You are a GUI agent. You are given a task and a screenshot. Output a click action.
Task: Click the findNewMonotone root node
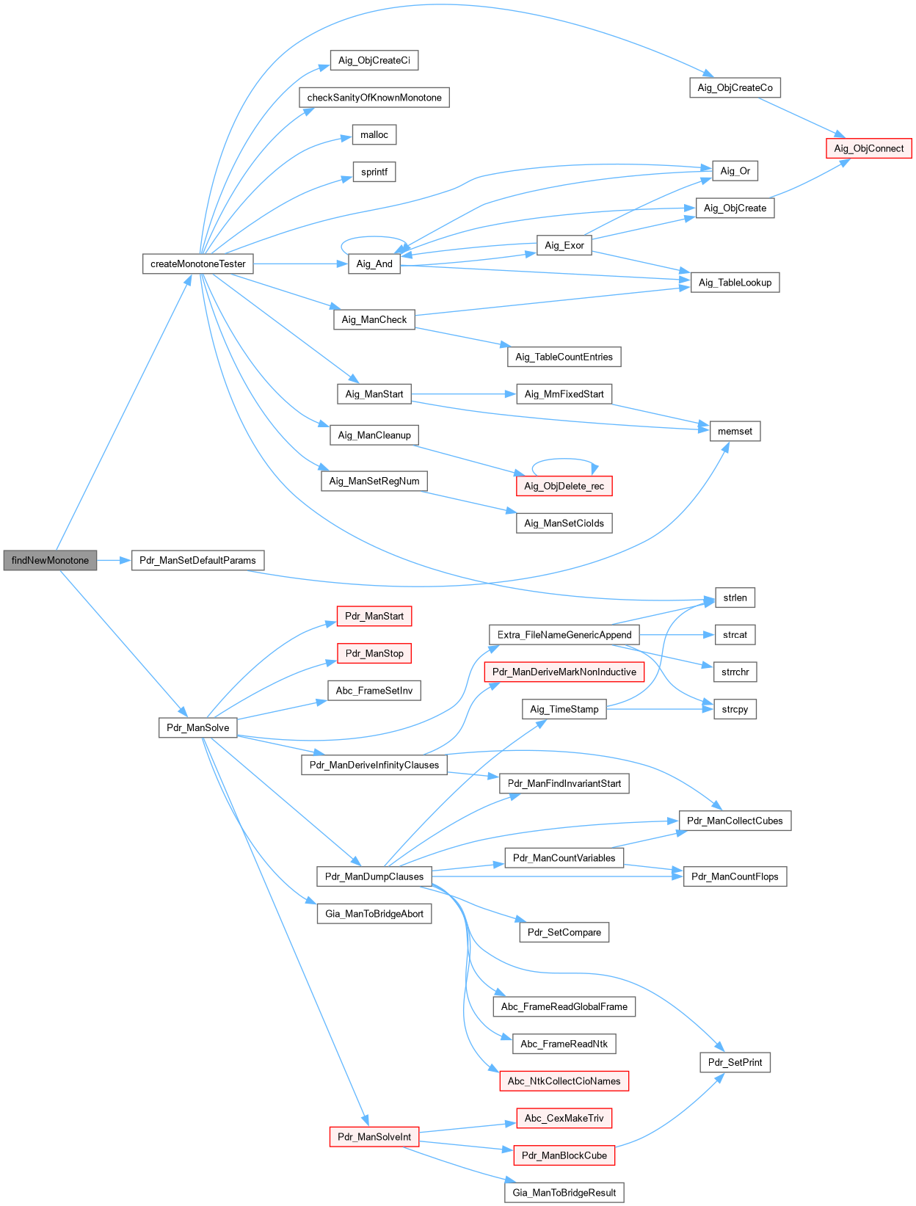pos(50,560)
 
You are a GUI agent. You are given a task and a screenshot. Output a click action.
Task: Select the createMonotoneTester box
pos(197,264)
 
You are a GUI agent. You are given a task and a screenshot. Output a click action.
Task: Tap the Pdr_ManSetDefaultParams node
pos(197,560)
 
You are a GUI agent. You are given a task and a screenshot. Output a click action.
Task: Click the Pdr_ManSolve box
pos(197,727)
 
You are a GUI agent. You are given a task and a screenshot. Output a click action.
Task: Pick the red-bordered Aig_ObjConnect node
pos(868,148)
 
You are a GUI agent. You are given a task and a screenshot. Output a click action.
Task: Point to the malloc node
pos(374,134)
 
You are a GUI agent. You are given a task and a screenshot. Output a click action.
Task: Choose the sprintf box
pos(374,172)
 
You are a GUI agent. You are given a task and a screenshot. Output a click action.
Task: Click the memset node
pos(735,431)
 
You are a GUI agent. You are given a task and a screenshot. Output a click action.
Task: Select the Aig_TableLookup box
pos(735,282)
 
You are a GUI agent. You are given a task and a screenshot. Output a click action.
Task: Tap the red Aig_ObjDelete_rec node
pos(564,486)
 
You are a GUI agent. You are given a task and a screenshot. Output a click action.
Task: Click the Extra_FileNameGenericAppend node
pos(564,635)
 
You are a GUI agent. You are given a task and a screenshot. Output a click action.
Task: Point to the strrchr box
pos(735,672)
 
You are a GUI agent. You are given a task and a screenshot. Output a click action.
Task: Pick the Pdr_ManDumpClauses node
pos(374,876)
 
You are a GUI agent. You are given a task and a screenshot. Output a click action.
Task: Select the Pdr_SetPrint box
pos(735,1062)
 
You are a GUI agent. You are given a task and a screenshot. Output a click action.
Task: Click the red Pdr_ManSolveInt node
pos(374,1136)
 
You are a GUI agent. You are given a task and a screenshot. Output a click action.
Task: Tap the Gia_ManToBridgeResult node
pos(564,1192)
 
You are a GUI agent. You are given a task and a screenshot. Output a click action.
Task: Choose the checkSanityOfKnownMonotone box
pos(374,98)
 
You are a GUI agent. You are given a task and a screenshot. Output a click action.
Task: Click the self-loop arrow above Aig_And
pos(374,238)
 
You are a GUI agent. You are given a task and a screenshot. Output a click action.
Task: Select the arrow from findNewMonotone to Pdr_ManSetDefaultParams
pos(114,560)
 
